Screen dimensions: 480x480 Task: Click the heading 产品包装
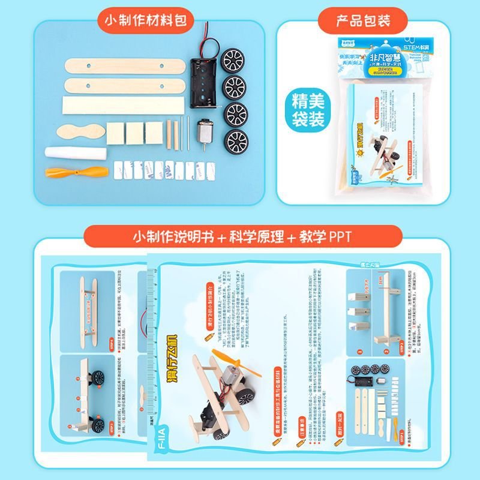pyautogui.click(x=363, y=20)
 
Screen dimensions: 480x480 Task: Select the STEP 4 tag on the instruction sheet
pyautogui.click(x=112, y=343)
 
